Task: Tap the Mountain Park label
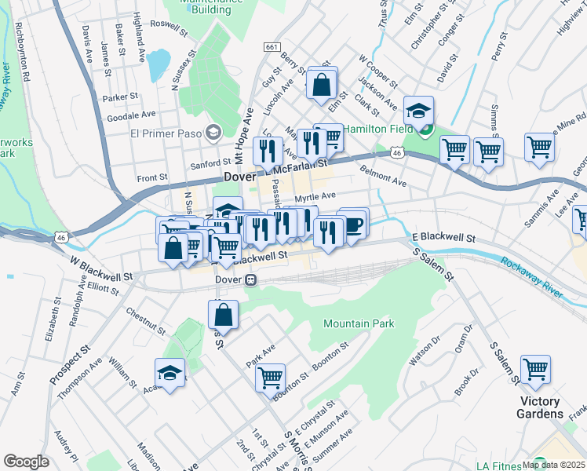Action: point(359,323)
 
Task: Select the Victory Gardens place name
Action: point(541,407)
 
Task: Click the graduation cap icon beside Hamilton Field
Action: point(419,111)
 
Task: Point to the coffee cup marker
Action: point(354,223)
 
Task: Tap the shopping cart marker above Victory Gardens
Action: point(535,369)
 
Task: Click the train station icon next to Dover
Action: point(250,280)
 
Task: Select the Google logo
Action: point(26,462)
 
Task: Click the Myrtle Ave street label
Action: point(315,197)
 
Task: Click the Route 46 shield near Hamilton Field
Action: point(398,154)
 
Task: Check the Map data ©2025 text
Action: point(552,465)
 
